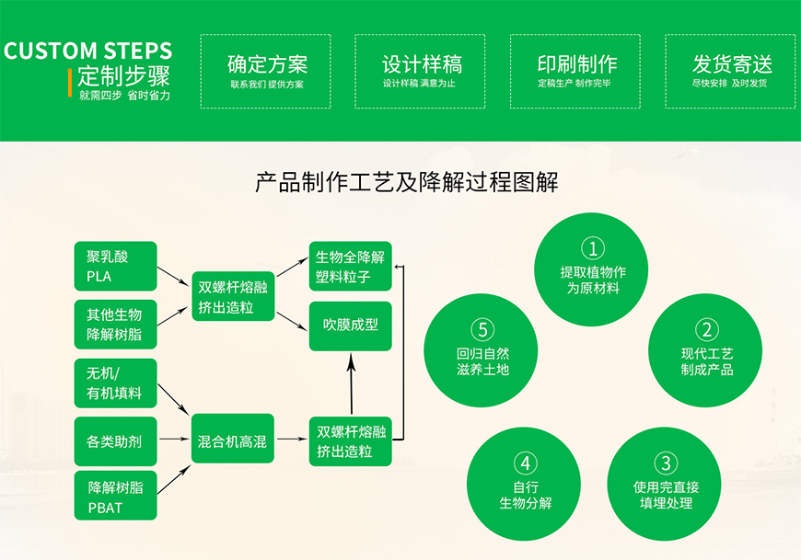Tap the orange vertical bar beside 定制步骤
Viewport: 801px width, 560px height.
pyautogui.click(x=71, y=83)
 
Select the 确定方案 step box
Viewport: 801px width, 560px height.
pyautogui.click(x=267, y=72)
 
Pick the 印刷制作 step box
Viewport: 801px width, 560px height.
pyautogui.click(x=576, y=72)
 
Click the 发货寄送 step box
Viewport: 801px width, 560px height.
pyautogui.click(x=731, y=72)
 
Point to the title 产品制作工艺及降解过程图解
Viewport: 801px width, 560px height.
pyautogui.click(x=406, y=182)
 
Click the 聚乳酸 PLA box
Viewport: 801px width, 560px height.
pyautogui.click(x=116, y=267)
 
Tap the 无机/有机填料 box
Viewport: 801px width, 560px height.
pyautogui.click(x=116, y=383)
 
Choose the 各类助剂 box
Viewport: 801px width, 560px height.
pyautogui.click(x=116, y=441)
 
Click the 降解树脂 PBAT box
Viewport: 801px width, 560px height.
pyautogui.click(x=116, y=496)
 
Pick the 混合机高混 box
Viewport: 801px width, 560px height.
pyautogui.click(x=233, y=441)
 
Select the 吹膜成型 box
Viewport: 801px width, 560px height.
pyautogui.click(x=350, y=326)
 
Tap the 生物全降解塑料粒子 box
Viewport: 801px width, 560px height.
pyautogui.click(x=350, y=266)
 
